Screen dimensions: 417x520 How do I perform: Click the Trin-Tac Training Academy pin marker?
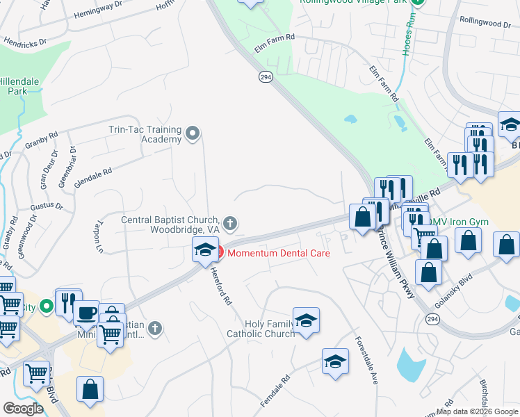[x=194, y=133]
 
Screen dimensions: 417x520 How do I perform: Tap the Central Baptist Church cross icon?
[x=231, y=224]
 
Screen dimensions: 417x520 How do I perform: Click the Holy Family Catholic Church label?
[x=261, y=329]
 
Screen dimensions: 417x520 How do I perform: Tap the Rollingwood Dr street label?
[x=485, y=24]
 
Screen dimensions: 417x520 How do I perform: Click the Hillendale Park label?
[x=19, y=85]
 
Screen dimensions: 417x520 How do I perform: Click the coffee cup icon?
[x=87, y=313]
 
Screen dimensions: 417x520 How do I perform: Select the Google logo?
[x=23, y=409]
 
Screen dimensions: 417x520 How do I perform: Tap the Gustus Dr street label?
[x=46, y=207]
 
